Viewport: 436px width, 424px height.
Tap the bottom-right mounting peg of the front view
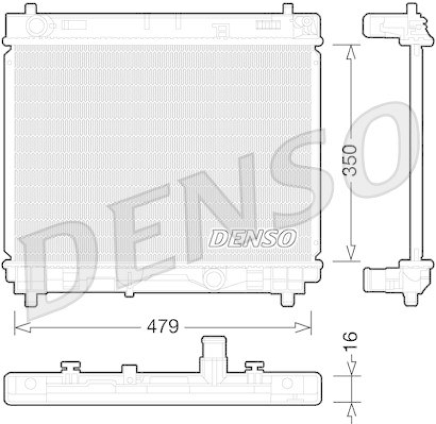287,299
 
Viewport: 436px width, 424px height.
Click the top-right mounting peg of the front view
287,8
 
